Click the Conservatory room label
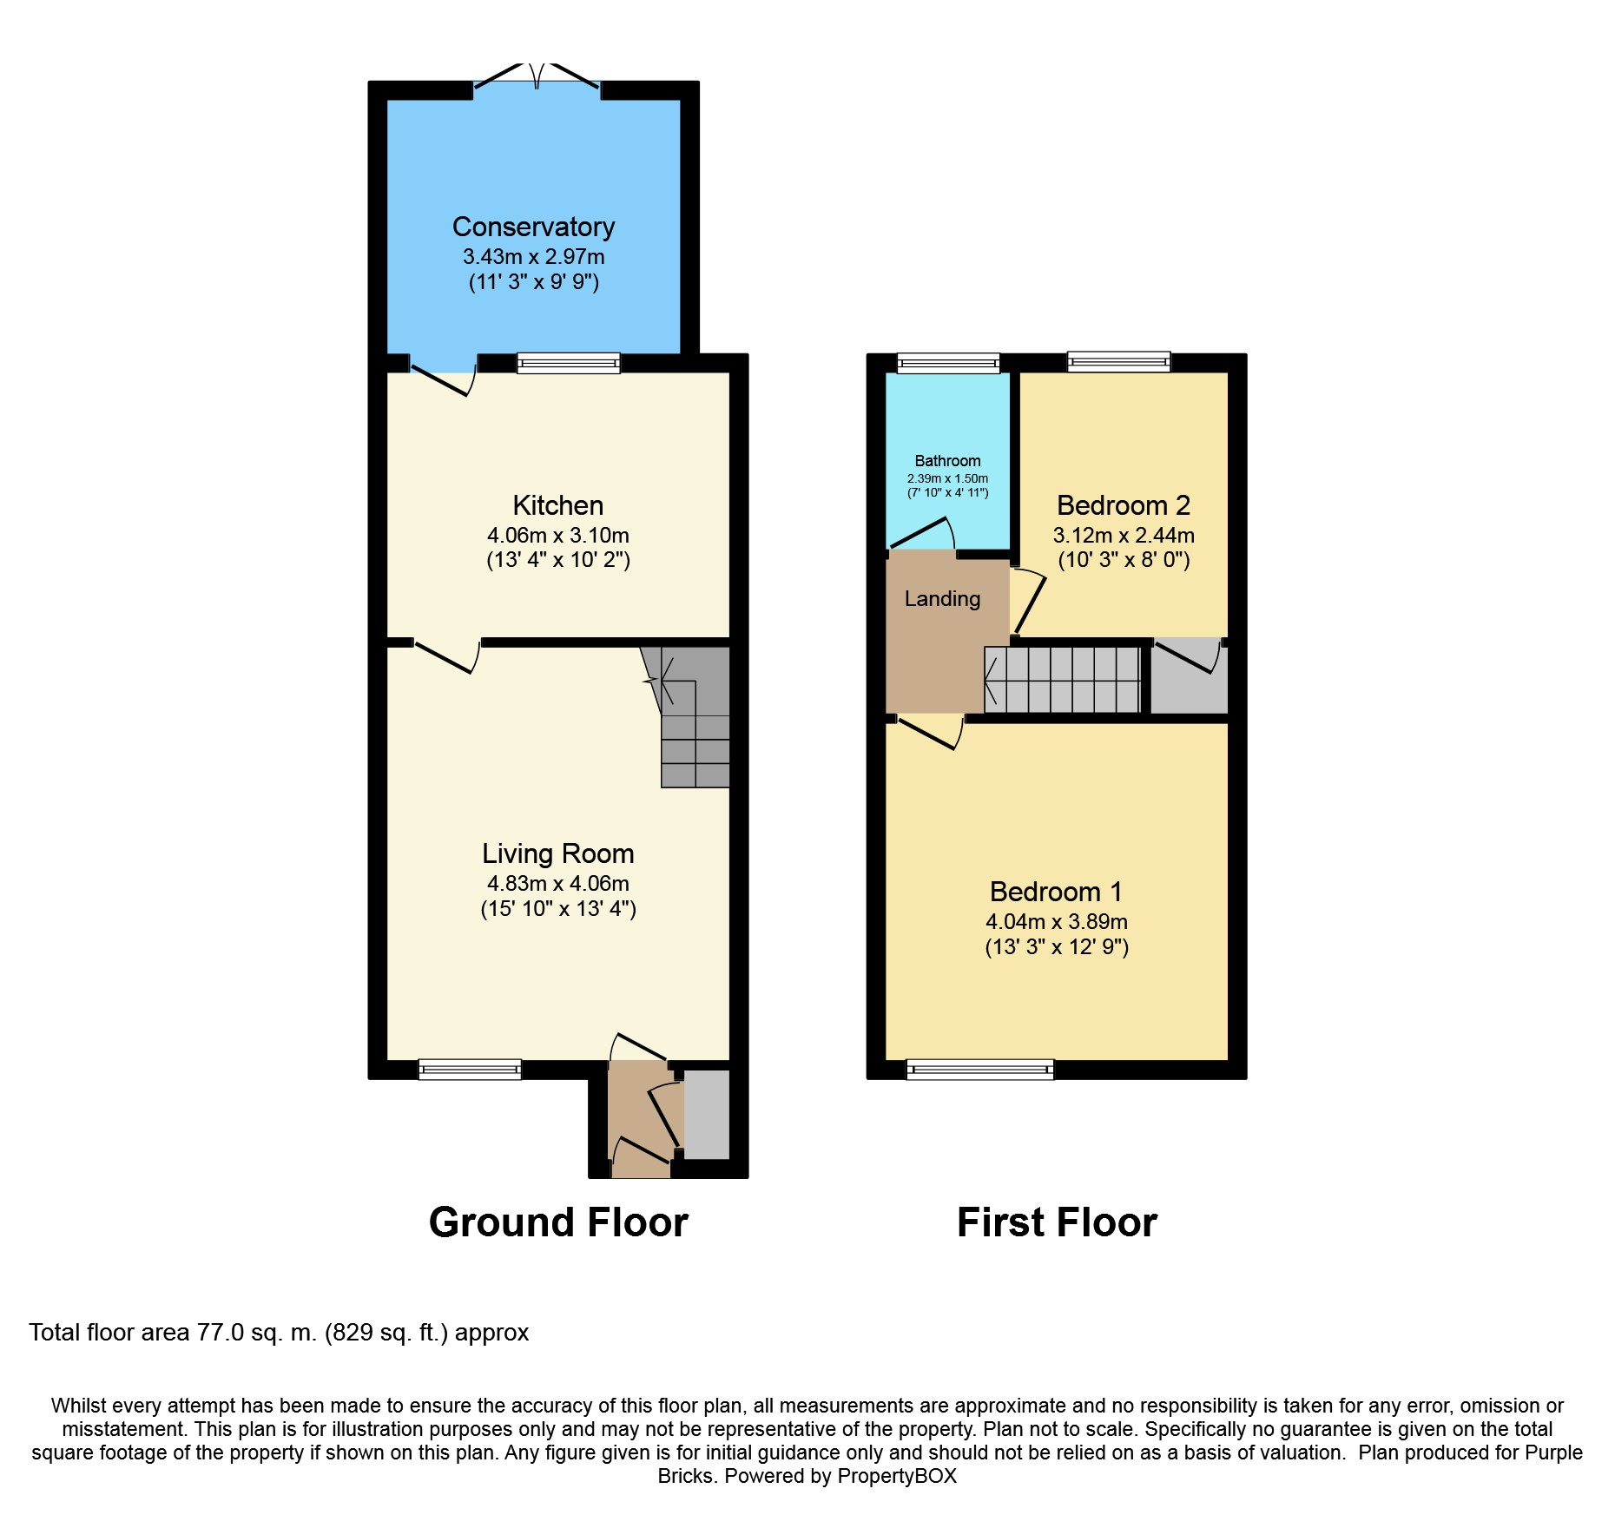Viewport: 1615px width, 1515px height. point(533,227)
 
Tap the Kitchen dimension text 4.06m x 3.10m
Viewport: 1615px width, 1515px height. point(557,535)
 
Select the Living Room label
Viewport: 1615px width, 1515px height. point(557,853)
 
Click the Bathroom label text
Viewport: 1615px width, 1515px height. point(947,461)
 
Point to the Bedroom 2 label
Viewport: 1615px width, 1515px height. point(1123,505)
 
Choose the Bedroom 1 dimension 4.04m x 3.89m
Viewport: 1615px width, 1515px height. point(1056,921)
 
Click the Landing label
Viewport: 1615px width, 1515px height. point(942,598)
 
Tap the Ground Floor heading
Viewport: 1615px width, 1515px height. point(558,1222)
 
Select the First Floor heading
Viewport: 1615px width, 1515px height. point(1057,1222)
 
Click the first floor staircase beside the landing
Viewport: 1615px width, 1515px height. point(1062,680)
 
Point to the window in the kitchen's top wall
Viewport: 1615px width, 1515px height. point(568,363)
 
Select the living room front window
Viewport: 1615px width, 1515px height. point(470,1070)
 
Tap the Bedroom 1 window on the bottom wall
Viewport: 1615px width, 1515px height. point(979,1070)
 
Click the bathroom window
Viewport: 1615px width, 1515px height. point(948,363)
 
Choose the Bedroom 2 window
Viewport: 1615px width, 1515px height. point(1118,362)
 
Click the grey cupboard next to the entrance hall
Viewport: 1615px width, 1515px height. point(707,1115)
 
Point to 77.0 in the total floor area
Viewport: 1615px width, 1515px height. point(221,1333)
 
